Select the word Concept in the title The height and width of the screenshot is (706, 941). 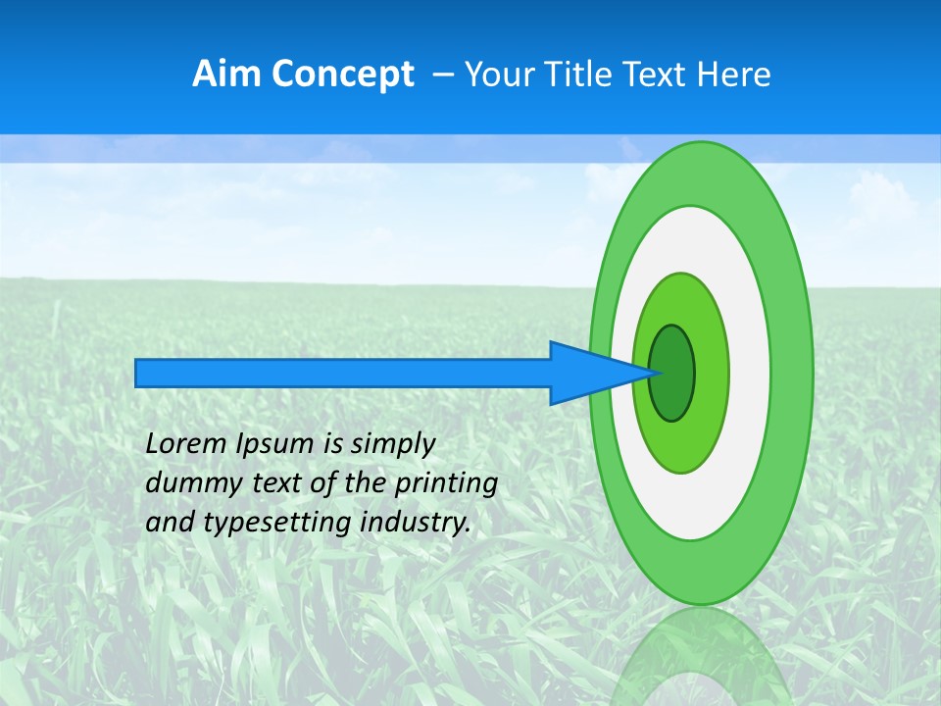click(x=342, y=75)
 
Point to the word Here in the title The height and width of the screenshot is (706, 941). click(x=734, y=75)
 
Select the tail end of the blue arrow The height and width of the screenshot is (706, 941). click(x=137, y=373)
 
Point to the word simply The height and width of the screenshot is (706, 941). click(x=392, y=444)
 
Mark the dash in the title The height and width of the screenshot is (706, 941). click(x=442, y=75)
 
